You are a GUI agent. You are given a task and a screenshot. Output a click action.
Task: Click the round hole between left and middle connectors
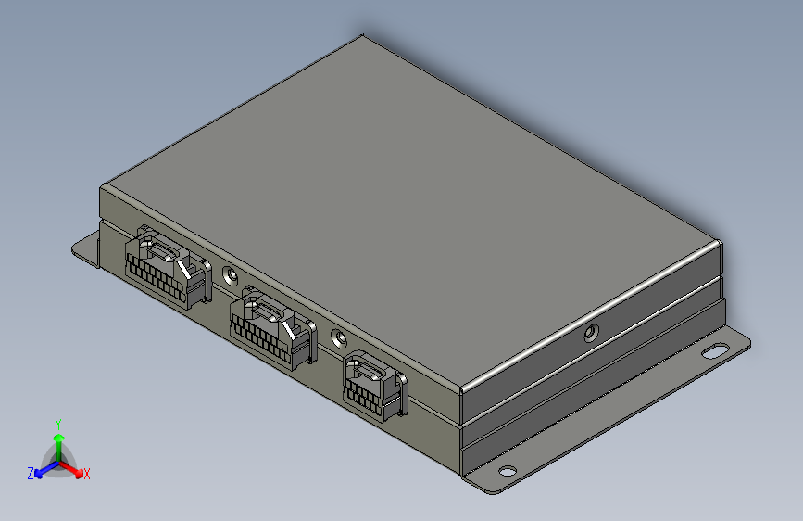(230, 275)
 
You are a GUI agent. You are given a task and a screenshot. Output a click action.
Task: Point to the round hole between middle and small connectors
(338, 339)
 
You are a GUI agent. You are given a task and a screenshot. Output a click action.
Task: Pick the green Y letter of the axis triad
(57, 423)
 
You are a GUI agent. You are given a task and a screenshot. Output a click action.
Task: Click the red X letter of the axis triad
(87, 475)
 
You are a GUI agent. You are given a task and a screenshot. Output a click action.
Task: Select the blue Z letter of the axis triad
(31, 474)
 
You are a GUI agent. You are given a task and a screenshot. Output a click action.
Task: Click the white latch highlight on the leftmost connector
(186, 269)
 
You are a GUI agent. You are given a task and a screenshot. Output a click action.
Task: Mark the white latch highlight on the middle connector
(292, 329)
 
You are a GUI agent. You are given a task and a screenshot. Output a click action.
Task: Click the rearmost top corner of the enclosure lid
(362, 37)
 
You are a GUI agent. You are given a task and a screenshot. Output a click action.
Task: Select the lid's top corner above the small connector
(460, 388)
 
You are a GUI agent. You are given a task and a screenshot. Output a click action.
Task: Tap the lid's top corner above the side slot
(719, 242)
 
